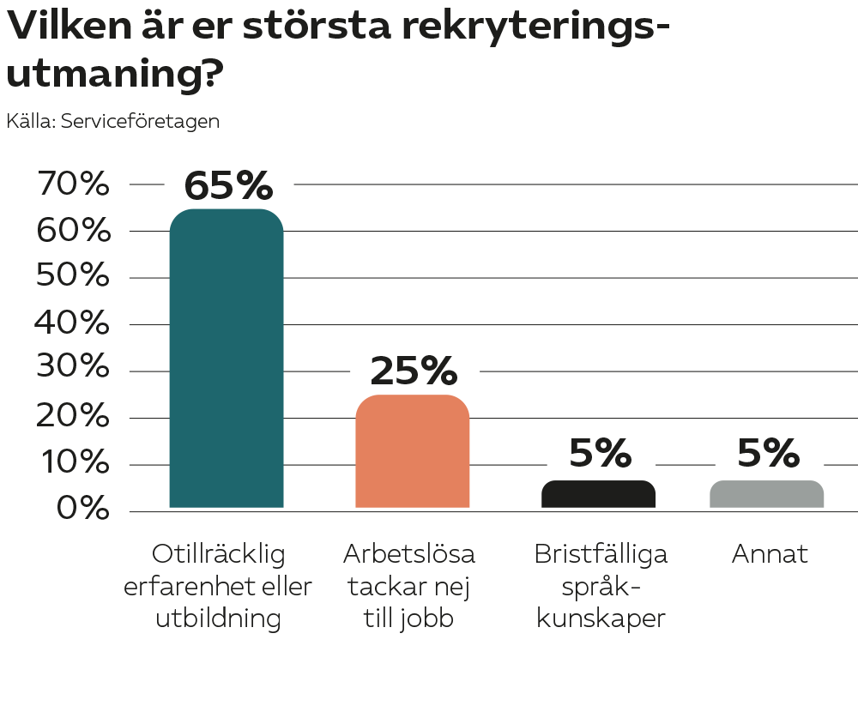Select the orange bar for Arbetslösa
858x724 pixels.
click(x=412, y=451)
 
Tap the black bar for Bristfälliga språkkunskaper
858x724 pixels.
click(x=598, y=494)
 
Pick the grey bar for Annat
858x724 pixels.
click(x=767, y=494)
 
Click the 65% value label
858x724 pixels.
click(x=228, y=184)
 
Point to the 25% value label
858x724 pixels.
click(x=414, y=371)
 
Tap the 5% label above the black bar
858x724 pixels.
click(x=600, y=454)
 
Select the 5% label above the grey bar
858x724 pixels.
click(x=768, y=454)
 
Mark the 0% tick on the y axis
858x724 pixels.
click(x=83, y=509)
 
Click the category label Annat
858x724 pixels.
click(x=770, y=554)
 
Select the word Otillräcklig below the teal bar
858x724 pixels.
click(x=218, y=554)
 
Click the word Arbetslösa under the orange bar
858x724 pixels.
click(x=408, y=554)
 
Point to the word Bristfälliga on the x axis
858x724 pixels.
click(x=601, y=554)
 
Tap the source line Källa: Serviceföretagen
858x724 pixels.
click(x=112, y=122)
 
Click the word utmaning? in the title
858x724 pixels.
click(x=115, y=75)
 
